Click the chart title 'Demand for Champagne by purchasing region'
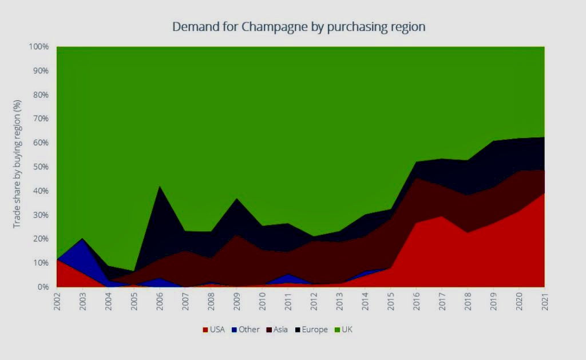(299, 27)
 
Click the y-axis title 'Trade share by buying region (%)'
(17, 164)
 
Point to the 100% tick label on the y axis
(39, 47)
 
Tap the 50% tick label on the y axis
(41, 167)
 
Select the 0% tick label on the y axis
(43, 287)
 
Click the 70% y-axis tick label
(41, 119)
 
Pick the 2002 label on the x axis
(57, 301)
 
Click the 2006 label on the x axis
(160, 301)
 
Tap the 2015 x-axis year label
(391, 301)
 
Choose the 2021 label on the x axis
(545, 301)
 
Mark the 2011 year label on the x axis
(288, 301)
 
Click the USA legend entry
(214, 330)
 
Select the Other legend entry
(246, 330)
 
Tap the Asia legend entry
(277, 330)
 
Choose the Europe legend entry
(311, 330)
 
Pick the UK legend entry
(343, 330)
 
